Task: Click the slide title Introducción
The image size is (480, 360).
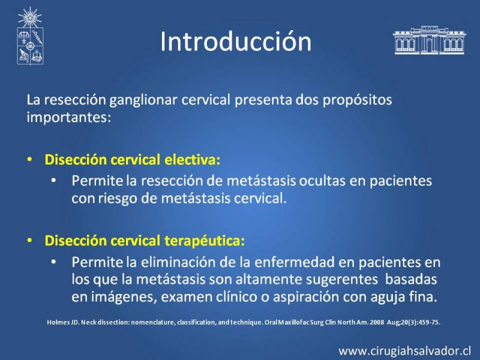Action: pos(236,41)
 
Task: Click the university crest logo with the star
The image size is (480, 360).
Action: pos(30,36)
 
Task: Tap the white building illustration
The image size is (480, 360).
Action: pos(429,40)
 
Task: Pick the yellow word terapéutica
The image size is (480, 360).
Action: pos(205,241)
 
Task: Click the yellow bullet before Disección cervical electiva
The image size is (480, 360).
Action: pos(29,160)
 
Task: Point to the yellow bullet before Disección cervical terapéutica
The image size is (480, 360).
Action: pos(29,241)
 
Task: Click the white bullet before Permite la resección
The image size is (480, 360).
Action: pos(54,181)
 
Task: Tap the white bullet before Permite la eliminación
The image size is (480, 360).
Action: pos(54,262)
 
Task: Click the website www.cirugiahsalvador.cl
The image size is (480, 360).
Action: pos(404,350)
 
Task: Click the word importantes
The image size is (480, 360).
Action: pos(68,117)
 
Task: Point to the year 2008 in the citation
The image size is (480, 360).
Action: pos(377,322)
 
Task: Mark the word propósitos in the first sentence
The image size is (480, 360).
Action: pos(357,100)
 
